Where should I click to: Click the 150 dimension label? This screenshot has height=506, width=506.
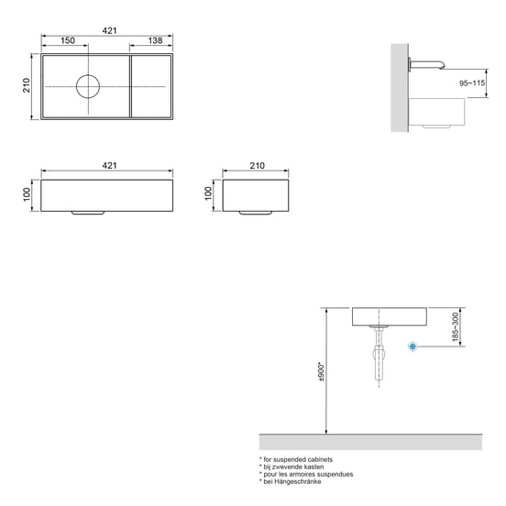(68, 41)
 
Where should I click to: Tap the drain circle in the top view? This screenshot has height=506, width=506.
(87, 86)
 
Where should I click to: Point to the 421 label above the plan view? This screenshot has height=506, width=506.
(109, 30)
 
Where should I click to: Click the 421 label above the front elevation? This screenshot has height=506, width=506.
(109, 165)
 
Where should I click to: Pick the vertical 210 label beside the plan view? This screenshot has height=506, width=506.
(27, 86)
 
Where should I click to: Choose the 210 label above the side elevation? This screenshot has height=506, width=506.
(257, 165)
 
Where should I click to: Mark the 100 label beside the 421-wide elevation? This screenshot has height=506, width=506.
(27, 192)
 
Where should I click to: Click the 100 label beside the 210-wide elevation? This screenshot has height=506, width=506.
(209, 192)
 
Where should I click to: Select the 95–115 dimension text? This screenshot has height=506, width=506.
(473, 82)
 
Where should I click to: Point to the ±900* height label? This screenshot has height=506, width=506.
(320, 371)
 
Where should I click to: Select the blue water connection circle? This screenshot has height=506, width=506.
(413, 346)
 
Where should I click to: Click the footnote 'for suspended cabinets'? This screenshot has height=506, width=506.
(296, 458)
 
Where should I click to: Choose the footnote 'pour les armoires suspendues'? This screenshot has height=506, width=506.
(306, 474)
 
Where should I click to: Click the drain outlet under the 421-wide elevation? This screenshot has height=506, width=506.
(87, 211)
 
